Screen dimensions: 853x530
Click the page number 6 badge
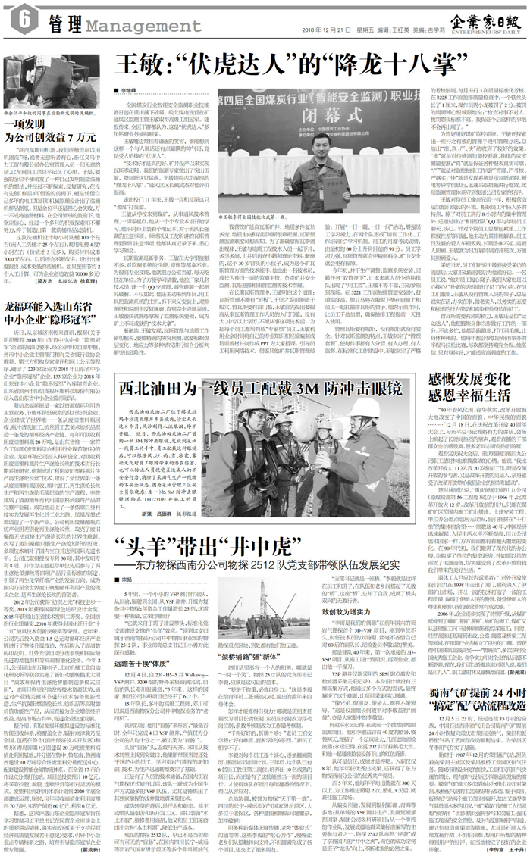click(16, 16)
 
